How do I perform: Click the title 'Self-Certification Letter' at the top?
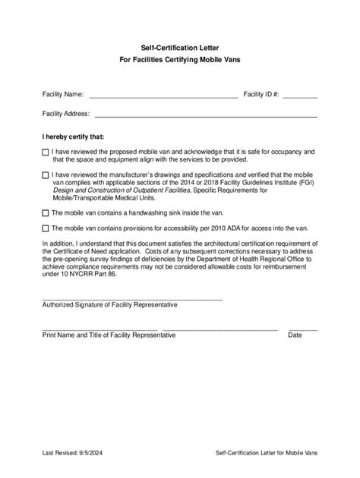[180, 47]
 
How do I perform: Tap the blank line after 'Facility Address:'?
[205, 115]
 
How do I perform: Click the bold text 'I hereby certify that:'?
[74, 137]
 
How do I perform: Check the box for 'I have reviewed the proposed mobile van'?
[46, 153]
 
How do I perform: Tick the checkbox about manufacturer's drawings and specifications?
[46, 175]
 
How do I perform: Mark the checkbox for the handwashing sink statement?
[46, 213]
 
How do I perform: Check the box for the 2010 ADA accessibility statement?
[46, 228]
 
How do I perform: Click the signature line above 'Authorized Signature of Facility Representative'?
[132, 300]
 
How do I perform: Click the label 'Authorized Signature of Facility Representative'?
[110, 305]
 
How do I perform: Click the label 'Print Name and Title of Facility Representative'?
[109, 335]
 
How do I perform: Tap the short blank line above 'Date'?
[302, 329]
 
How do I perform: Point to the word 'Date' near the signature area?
[295, 335]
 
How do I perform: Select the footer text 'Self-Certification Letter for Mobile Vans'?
[266, 453]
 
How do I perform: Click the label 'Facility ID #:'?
[261, 95]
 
